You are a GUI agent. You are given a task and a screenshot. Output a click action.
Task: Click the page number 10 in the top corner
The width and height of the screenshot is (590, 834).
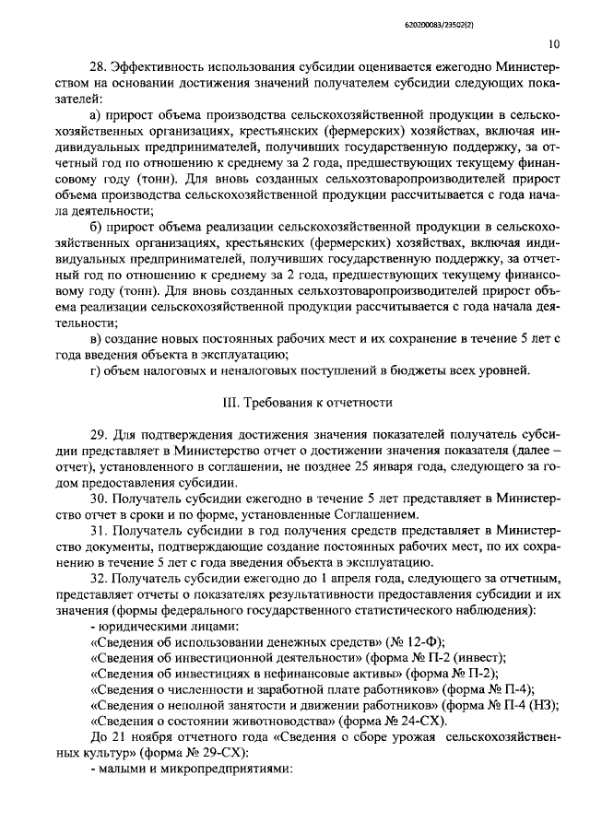click(551, 42)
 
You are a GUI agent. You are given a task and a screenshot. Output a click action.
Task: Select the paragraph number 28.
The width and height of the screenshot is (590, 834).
click(98, 67)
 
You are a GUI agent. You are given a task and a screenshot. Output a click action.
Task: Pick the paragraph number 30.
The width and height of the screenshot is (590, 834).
click(98, 498)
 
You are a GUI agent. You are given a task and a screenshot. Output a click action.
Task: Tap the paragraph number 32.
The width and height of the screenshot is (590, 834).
click(98, 579)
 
